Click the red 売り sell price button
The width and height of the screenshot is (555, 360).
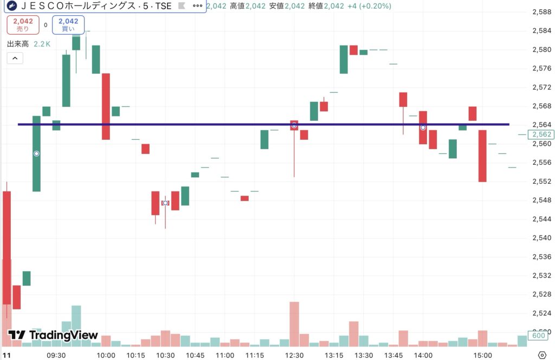coord(23,25)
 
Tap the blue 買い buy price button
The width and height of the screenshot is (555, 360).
coord(68,25)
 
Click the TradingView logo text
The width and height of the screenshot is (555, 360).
coord(53,335)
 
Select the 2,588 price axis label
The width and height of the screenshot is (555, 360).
coord(541,12)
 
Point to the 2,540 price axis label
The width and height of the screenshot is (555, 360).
coord(541,238)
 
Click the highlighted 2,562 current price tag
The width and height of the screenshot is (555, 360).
coord(541,134)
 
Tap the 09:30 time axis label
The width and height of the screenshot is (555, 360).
coord(56,355)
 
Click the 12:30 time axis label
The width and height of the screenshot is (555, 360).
coord(294,355)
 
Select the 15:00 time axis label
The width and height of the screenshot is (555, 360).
coord(482,355)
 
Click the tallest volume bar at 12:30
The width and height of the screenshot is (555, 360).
coord(294,324)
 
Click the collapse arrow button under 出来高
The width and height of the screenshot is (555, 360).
coord(15,58)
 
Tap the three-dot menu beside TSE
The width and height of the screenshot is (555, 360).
coord(197,5)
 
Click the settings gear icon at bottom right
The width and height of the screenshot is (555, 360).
coord(542,355)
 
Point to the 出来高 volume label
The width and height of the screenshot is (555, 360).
coord(18,44)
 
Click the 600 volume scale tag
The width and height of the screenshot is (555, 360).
coord(538,335)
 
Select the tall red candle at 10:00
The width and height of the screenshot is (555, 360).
coord(106,106)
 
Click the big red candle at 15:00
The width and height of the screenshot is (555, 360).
coord(482,156)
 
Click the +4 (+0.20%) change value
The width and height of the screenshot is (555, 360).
coord(369,6)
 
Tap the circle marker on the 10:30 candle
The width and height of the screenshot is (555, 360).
coord(165,203)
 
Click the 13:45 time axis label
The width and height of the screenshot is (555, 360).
coord(393,355)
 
